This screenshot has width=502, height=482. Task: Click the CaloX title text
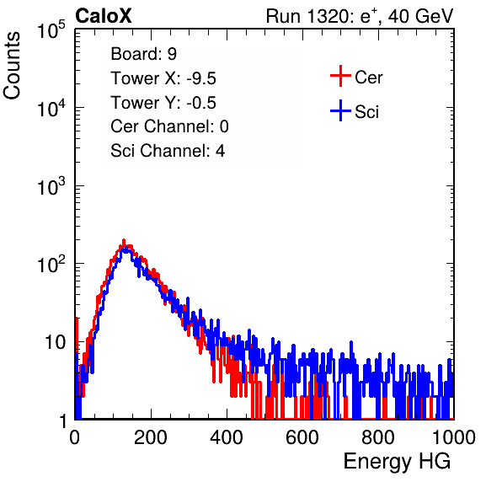[x=104, y=16]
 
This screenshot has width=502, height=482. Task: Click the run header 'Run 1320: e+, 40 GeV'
[x=360, y=16]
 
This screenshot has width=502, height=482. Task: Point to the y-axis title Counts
[x=12, y=66]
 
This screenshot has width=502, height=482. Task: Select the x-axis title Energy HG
[x=397, y=462]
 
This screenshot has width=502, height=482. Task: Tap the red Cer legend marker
[x=340, y=76]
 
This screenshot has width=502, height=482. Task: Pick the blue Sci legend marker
[x=340, y=110]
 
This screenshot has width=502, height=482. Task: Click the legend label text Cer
[x=368, y=78]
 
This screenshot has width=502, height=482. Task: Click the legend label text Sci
[x=367, y=112]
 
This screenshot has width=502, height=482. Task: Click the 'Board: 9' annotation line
[x=144, y=54]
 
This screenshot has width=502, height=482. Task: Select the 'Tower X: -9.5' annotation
[x=163, y=78]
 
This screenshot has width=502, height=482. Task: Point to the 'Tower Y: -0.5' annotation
[x=163, y=103]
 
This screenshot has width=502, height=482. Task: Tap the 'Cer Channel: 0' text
[x=169, y=126]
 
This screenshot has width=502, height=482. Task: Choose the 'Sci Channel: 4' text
[x=168, y=150]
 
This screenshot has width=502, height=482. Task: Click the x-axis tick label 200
[x=151, y=436]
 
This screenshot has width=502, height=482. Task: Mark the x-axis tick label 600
[x=302, y=436]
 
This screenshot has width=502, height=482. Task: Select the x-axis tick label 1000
[x=454, y=436]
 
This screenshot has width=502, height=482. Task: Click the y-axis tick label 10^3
[x=51, y=186]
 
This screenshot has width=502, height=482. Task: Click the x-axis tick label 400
[x=227, y=436]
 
